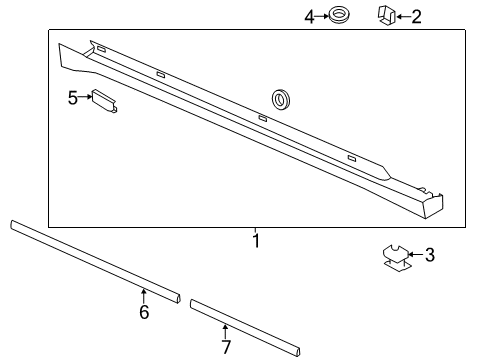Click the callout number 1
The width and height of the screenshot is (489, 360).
click(x=255, y=241)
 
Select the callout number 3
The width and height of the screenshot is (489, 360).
click(x=430, y=255)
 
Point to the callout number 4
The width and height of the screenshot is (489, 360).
click(x=309, y=15)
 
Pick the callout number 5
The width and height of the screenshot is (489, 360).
click(x=72, y=97)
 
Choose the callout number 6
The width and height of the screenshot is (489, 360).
click(x=144, y=312)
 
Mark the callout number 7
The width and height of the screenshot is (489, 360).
click(x=226, y=347)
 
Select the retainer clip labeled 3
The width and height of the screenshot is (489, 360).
click(x=398, y=258)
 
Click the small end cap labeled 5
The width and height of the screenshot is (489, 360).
click(x=105, y=101)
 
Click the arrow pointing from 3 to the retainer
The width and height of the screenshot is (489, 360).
click(x=417, y=255)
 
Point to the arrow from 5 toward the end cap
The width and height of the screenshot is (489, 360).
click(x=85, y=97)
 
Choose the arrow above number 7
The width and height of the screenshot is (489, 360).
click(x=226, y=331)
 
